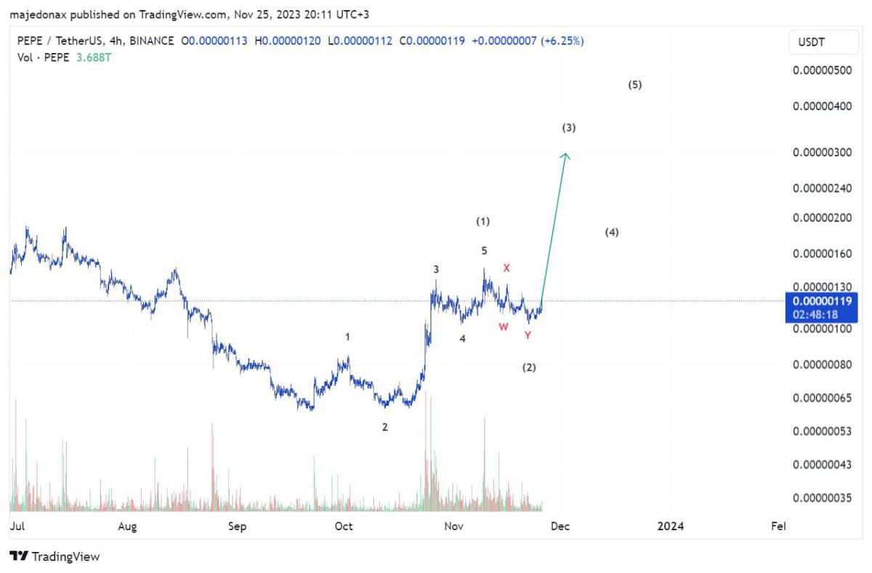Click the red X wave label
click(506, 268)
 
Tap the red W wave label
click(503, 327)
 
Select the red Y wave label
click(528, 335)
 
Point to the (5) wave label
click(635, 85)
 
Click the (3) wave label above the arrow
click(569, 128)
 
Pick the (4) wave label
click(612, 232)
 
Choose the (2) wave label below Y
click(529, 367)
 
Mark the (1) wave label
click(483, 221)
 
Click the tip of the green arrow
click(566, 153)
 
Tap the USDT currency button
click(812, 43)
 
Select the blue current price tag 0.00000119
click(822, 301)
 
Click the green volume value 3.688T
click(96, 56)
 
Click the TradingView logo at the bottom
click(54, 557)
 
